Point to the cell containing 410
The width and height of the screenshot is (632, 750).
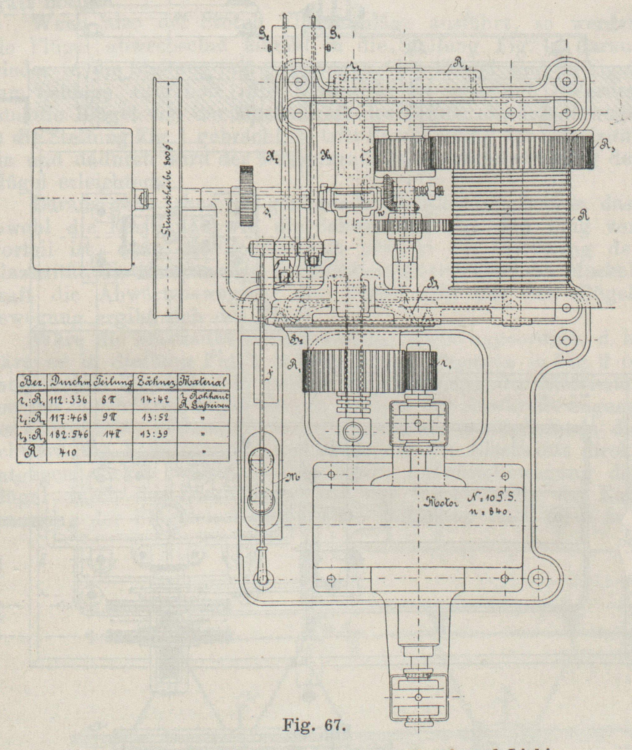(x=67, y=452)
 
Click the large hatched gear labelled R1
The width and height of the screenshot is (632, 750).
(x=353, y=371)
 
